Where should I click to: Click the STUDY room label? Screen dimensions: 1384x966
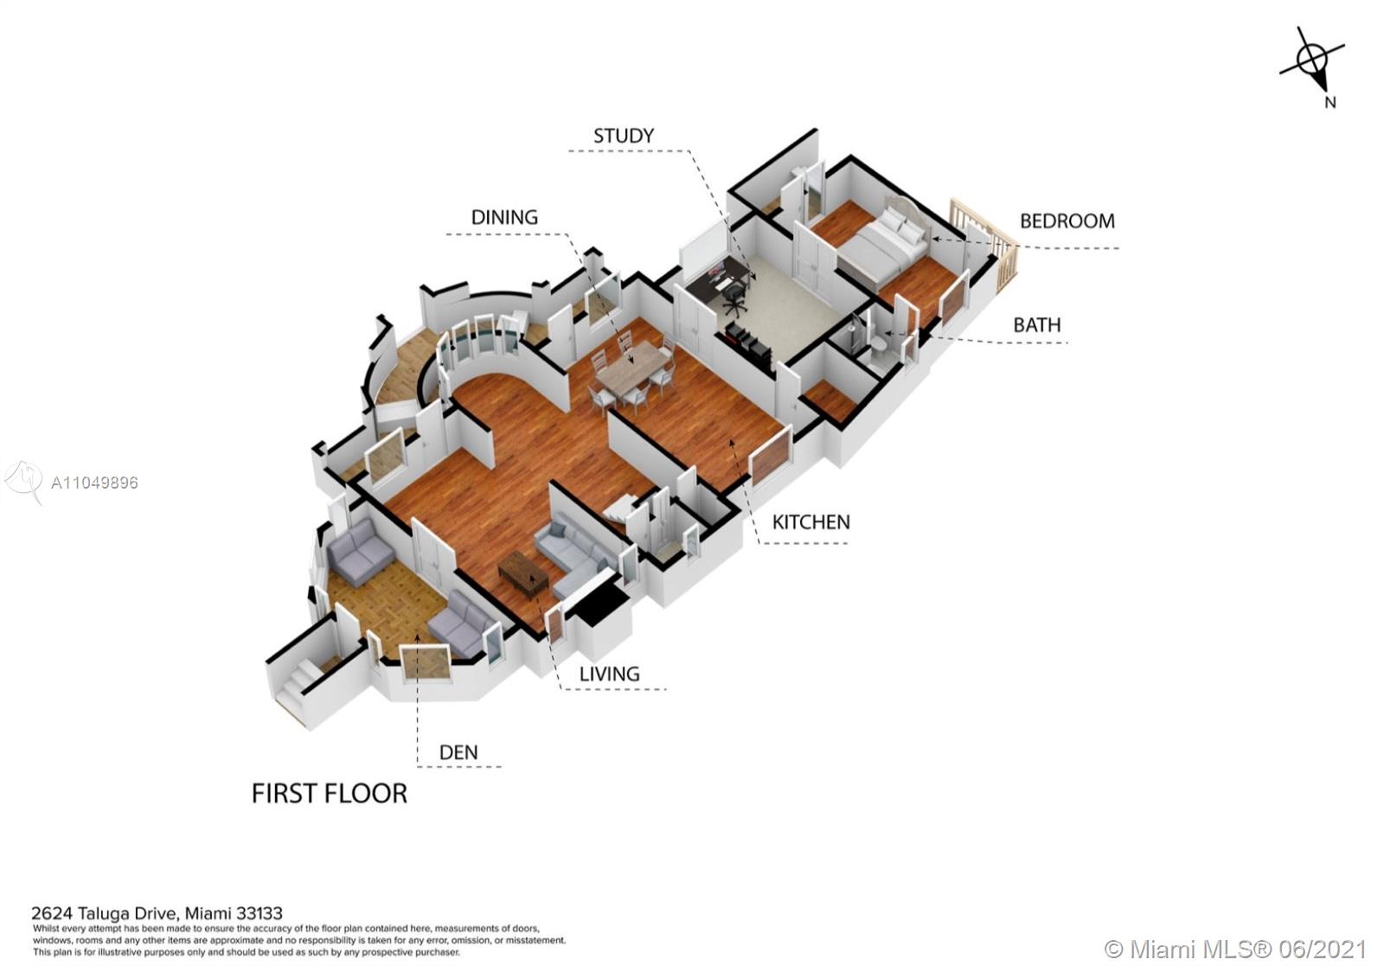point(624,136)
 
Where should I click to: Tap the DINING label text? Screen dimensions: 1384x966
point(504,217)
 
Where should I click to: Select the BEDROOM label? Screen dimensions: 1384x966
point(1067,221)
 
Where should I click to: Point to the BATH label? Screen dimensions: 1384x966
point(1037,325)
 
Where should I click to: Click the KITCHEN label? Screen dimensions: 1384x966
point(811,522)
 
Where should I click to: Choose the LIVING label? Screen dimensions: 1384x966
point(609,674)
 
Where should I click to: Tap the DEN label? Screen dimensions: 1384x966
point(458,752)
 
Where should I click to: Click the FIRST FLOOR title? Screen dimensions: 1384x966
point(330,794)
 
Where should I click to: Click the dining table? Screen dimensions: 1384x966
point(633,368)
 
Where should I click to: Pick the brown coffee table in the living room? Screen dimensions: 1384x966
point(522,574)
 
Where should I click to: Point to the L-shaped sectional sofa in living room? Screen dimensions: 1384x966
point(574,556)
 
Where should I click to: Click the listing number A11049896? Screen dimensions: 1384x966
point(94,483)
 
